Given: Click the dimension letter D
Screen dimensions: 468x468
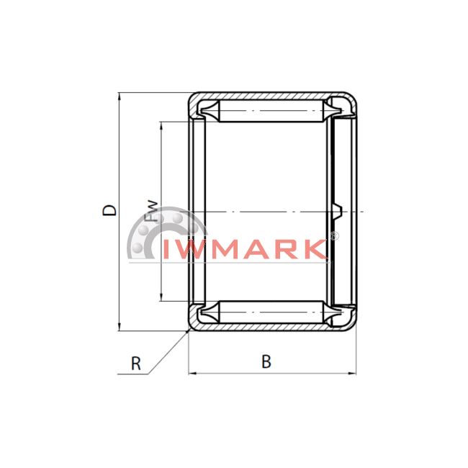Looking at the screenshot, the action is pos(109,210).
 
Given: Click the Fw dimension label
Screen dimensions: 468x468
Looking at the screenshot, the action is pos(151,211).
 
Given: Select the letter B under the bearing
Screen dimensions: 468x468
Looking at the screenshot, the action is pos(266,361).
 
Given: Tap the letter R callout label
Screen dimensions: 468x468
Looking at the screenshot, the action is pos(136,364).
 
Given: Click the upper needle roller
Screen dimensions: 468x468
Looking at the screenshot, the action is pos(271,111).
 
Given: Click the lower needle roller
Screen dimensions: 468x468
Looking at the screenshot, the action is pos(271,312).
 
